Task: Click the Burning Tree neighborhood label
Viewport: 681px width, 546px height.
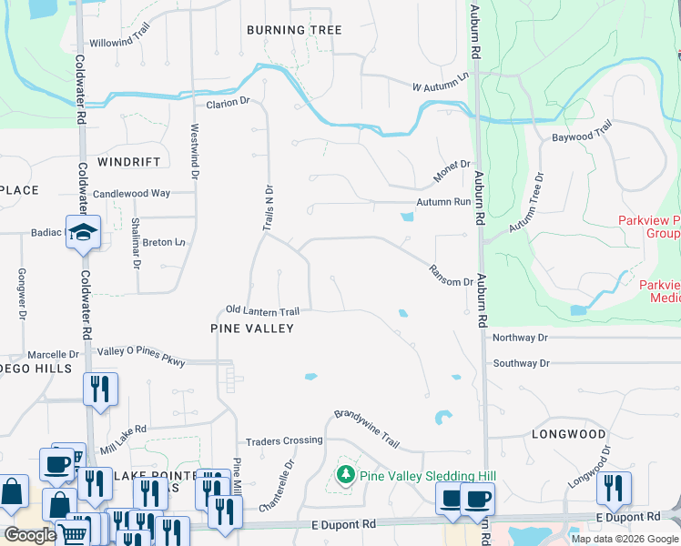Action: [294, 30]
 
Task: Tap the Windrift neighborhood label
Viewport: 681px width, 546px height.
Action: [128, 162]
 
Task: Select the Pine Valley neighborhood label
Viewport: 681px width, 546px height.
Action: [252, 328]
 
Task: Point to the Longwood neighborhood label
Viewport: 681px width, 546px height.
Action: [568, 434]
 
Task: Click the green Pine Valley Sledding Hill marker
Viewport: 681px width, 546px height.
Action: [346, 474]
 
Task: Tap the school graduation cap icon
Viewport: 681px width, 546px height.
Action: [82, 232]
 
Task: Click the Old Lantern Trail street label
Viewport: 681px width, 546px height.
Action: [263, 311]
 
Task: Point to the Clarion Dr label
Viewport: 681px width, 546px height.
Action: [228, 103]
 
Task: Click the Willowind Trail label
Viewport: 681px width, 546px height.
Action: [119, 42]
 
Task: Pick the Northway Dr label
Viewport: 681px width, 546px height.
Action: [520, 338]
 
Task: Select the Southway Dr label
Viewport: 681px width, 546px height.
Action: [521, 363]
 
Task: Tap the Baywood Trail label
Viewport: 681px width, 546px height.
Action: [583, 136]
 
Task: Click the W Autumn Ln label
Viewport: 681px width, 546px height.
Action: [444, 82]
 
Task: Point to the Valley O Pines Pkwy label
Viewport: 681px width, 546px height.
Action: [141, 357]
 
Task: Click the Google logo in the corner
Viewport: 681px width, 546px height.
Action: [30, 535]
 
